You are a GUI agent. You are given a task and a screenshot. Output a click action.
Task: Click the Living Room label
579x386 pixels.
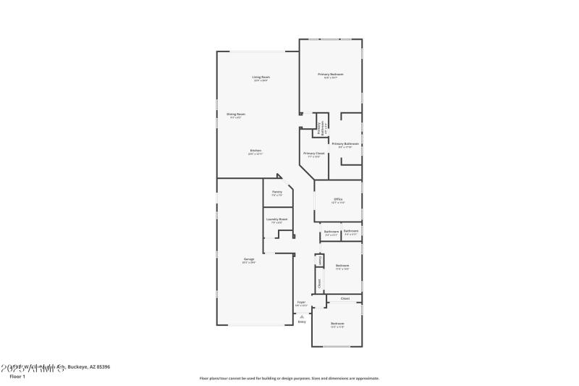[x=261, y=77]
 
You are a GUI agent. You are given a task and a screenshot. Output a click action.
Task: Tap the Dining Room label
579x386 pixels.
[x=236, y=114]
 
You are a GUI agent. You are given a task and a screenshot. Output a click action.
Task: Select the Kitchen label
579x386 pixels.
[x=255, y=151]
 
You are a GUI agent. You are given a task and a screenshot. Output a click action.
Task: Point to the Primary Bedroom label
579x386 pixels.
[x=330, y=74]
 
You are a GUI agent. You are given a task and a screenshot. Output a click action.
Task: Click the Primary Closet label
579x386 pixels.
[x=313, y=154]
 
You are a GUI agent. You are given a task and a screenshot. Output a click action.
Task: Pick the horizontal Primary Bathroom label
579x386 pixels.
[x=345, y=143]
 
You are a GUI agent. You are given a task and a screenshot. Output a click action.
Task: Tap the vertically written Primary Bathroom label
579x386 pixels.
[x=320, y=127]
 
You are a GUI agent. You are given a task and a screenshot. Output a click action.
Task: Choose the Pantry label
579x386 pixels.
[x=276, y=192]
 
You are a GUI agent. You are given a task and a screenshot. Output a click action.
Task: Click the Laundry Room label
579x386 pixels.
[x=276, y=219]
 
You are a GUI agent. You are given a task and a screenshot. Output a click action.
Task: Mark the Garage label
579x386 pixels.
[x=248, y=259]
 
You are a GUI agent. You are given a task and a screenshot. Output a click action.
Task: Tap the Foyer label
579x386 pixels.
[x=301, y=302]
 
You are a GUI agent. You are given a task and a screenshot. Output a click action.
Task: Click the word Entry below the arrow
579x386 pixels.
[x=302, y=322]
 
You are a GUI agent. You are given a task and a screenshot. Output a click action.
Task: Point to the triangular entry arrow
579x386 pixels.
[x=302, y=316]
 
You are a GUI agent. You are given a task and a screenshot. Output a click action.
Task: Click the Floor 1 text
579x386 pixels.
[x=17, y=377]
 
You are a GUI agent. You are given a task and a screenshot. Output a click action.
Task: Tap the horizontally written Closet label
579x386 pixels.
[x=345, y=298]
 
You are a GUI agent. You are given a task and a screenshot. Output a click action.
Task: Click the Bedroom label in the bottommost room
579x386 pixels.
[x=337, y=323]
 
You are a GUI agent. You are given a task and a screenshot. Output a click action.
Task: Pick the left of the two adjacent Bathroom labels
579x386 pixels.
[x=331, y=232]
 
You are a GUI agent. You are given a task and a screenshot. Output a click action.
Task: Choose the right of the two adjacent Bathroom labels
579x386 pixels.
[x=351, y=232]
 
